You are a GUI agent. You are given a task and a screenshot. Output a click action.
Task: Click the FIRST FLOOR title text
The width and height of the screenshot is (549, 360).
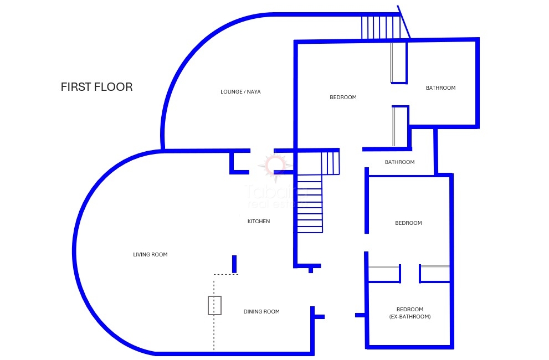96,87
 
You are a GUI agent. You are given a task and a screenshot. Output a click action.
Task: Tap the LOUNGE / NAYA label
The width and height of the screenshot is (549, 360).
240,92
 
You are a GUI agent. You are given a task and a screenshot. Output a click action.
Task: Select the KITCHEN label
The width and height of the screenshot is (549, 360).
259,222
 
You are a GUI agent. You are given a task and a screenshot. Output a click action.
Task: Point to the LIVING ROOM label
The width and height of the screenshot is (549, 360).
150,255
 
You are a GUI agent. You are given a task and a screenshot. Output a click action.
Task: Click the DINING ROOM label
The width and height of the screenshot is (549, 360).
261,312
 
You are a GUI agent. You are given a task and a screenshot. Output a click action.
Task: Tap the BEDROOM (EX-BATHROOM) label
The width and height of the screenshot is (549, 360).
410,313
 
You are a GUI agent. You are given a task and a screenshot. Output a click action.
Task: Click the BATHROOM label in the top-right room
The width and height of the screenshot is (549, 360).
440,88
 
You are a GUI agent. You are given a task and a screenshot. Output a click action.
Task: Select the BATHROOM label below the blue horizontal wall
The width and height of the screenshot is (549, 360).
399,162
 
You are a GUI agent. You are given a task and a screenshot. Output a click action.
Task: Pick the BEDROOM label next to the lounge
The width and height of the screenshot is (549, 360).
343,97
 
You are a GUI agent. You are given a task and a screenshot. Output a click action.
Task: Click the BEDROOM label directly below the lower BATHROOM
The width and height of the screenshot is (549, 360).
408,223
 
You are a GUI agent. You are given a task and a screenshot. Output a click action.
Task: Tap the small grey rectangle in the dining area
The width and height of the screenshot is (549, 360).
214,305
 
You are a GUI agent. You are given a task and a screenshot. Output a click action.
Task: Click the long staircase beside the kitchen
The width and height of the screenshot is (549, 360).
310,203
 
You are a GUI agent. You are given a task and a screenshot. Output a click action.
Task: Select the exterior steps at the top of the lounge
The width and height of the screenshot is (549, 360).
381,27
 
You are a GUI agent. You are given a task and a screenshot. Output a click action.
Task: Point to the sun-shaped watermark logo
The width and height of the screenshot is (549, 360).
276,164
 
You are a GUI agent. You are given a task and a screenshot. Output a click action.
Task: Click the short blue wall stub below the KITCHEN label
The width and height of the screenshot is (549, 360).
234,264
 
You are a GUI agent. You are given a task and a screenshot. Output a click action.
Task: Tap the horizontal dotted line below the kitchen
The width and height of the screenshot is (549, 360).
226,274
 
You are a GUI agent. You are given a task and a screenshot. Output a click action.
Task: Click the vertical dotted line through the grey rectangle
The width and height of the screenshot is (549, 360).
214,332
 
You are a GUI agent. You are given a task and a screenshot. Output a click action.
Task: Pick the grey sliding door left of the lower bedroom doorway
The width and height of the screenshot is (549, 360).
384,267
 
